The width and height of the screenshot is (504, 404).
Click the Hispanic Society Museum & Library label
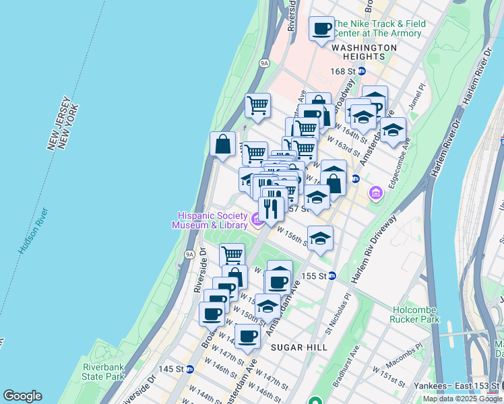pyautogui.click(x=209, y=220)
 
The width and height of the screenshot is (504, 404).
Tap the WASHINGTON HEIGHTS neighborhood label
pyautogui.click(x=365, y=48)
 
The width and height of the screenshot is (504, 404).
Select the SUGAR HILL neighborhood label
pyautogui.click(x=298, y=347)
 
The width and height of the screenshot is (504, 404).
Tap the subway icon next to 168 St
pyautogui.click(x=362, y=71)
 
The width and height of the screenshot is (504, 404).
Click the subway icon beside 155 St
pyautogui.click(x=332, y=276)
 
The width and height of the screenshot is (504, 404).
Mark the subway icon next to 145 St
pyautogui.click(x=190, y=369)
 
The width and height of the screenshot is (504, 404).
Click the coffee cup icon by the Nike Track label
pyautogui.click(x=321, y=29)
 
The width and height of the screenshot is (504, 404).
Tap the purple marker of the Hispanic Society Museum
pyautogui.click(x=256, y=220)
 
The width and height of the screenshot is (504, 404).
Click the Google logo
pyautogui.click(x=22, y=396)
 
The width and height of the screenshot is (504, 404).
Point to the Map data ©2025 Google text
pyautogui.click(x=462, y=399)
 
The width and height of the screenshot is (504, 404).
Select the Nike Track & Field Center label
pyautogui.click(x=380, y=28)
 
